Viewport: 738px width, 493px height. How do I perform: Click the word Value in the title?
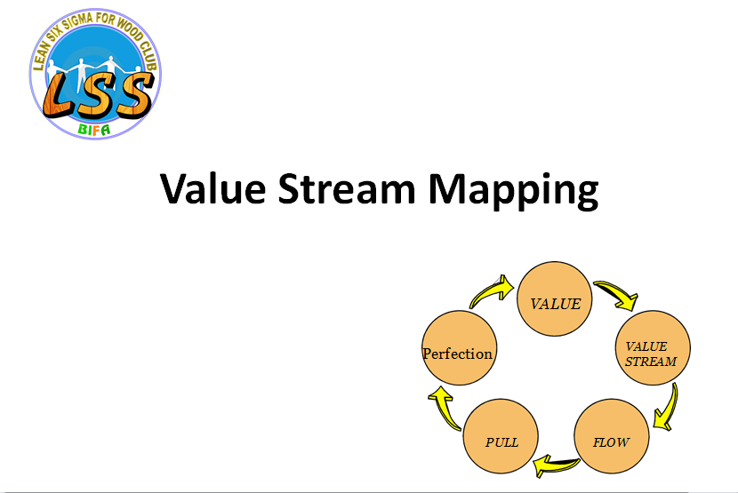[213, 188]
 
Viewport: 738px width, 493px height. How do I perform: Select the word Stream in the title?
[347, 188]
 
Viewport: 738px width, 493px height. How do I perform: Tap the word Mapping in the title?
[513, 190]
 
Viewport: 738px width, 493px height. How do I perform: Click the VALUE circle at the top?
[555, 298]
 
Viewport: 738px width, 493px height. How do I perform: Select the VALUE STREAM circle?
[653, 347]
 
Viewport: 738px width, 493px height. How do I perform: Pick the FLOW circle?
[612, 436]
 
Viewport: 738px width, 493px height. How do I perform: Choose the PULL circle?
[501, 436]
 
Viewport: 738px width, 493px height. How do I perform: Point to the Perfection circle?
[459, 347]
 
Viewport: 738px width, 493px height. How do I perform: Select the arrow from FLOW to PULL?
[556, 465]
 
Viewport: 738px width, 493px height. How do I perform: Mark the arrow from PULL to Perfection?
[444, 408]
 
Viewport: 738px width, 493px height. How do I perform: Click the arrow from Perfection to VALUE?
[492, 291]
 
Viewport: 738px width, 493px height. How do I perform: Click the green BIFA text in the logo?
[94, 130]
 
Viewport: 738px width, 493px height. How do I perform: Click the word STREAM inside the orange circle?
[651, 362]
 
